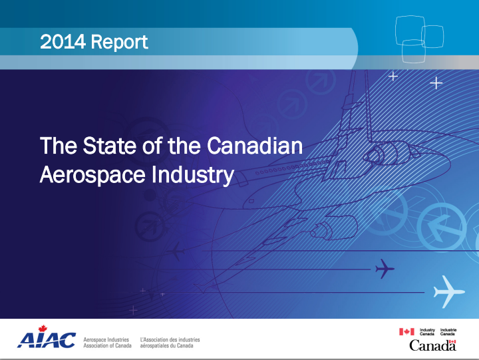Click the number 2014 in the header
point(63,41)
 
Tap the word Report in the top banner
point(120,42)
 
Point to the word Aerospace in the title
point(92,176)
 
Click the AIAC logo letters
point(47,340)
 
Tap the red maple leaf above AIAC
point(43,329)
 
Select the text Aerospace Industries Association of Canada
point(107,343)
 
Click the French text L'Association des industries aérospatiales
point(170,343)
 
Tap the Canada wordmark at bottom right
point(432,345)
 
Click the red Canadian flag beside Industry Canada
point(406,331)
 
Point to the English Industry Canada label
point(427,332)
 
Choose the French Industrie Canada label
point(448,332)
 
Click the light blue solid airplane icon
point(448,292)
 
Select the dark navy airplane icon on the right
point(384,269)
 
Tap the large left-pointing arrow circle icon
point(441,227)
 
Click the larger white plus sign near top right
point(436,83)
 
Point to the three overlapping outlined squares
point(419,39)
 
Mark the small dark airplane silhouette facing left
point(176,252)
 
